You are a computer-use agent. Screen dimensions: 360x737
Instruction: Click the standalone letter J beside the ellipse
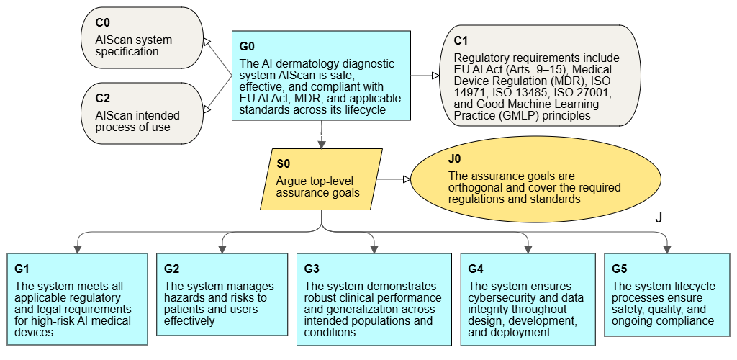658,217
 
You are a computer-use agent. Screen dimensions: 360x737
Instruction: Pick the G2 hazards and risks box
222,295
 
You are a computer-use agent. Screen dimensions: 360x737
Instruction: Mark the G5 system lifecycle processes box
667,294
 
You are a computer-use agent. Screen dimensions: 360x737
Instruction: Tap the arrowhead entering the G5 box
667,248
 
